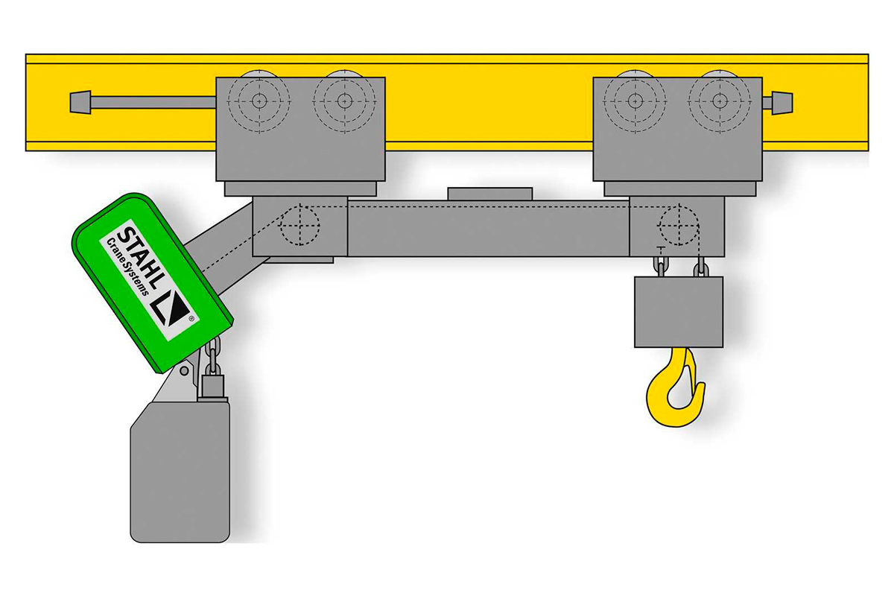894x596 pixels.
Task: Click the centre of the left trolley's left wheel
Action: pyautogui.click(x=259, y=101)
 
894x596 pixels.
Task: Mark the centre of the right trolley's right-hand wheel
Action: pyautogui.click(x=720, y=101)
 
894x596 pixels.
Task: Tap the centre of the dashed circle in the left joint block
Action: pyautogui.click(x=299, y=225)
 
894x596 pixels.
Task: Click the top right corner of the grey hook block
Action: pyautogui.click(x=723, y=277)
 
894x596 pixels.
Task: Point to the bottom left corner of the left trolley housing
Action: pyautogui.click(x=216, y=180)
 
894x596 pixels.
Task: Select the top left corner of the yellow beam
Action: pyautogui.click(x=26, y=54)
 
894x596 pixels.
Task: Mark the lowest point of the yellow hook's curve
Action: pyautogui.click(x=673, y=427)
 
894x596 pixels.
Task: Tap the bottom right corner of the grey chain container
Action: pyautogui.click(x=229, y=542)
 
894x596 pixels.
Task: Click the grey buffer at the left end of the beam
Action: pyautogui.click(x=80, y=102)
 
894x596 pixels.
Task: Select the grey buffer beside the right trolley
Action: pyautogui.click(x=782, y=103)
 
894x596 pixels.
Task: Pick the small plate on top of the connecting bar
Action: pyautogui.click(x=489, y=194)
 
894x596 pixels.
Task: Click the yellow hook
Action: pyautogui.click(x=675, y=387)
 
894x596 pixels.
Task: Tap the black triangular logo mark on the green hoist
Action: pyautogui.click(x=171, y=308)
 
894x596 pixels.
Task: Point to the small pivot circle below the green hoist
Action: pyautogui.click(x=184, y=371)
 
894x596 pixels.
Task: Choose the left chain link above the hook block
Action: pyautogui.click(x=661, y=266)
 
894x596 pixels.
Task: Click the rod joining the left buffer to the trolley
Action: pyautogui.click(x=153, y=102)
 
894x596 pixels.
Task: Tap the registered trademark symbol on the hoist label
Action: pyautogui.click(x=191, y=319)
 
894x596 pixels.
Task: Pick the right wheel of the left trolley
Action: pyautogui.click(x=344, y=101)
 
